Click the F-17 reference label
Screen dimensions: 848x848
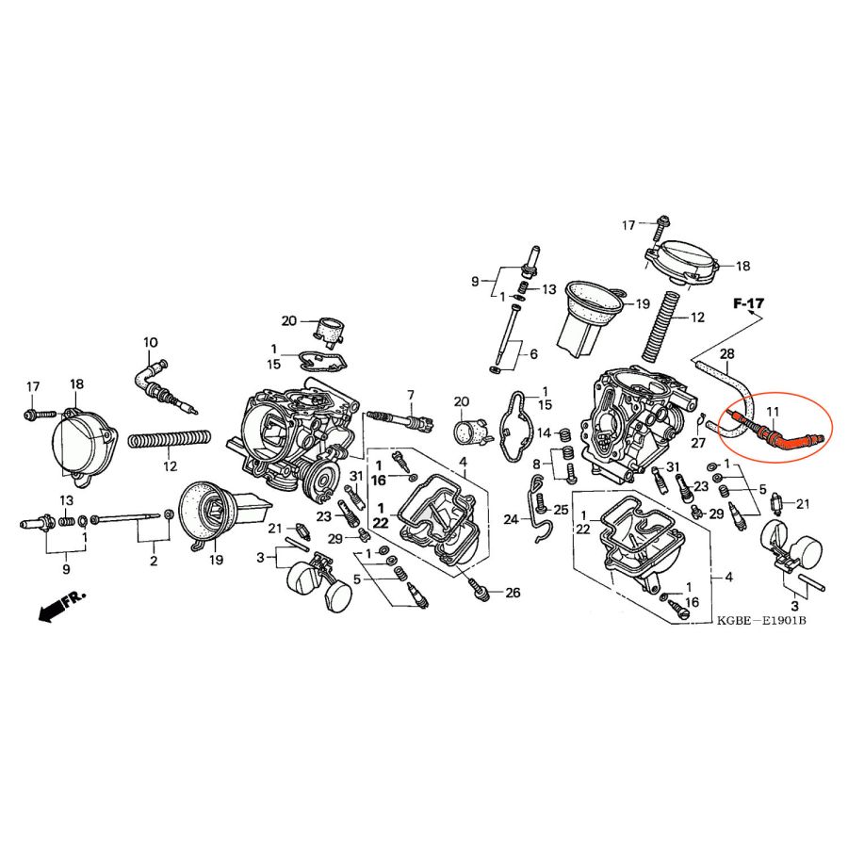click(748, 303)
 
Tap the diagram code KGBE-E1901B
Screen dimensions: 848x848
click(761, 620)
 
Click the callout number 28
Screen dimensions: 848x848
click(727, 354)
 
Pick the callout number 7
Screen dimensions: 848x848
click(411, 395)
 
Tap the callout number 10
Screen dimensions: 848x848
click(151, 342)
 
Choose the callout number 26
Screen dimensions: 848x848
click(513, 593)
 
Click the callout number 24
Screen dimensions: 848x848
click(511, 520)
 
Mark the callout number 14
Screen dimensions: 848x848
click(544, 432)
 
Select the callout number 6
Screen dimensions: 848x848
click(534, 354)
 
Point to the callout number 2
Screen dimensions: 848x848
click(154, 561)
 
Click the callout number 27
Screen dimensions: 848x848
click(699, 443)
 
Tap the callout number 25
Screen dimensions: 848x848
click(561, 510)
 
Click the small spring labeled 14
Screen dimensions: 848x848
click(563, 434)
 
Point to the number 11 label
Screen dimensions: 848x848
click(773, 412)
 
